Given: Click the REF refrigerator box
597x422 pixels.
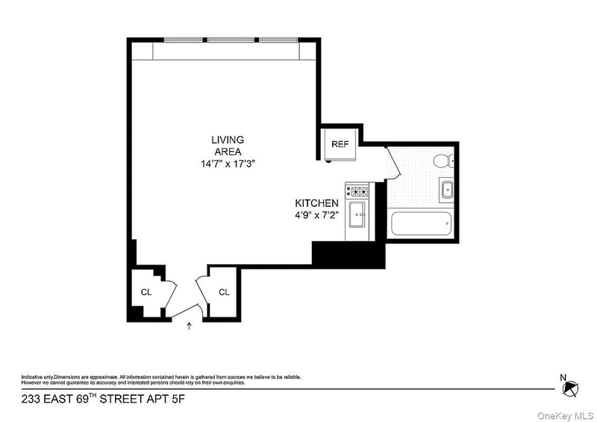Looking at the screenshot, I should tap(340, 144).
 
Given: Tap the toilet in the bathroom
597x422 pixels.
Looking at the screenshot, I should tap(442, 159).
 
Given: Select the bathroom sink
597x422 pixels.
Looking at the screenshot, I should tap(447, 189).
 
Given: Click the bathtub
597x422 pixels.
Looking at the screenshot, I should tap(420, 223).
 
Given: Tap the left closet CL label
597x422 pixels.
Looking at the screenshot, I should tap(146, 292).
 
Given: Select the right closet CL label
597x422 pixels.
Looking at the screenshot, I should tap(224, 292).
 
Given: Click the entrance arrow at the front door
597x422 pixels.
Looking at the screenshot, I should tap(188, 326).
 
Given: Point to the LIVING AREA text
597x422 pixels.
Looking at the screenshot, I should tap(227, 145).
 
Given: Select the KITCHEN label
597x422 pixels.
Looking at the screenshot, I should tap(317, 203).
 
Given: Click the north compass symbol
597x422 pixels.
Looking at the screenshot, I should tap(571, 387).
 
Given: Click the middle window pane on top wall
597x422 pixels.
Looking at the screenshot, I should tap(228, 40).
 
